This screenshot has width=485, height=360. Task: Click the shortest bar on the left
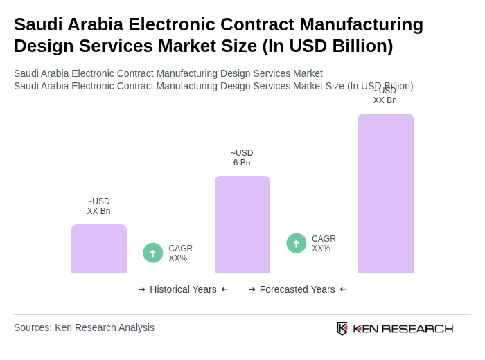coord(99,249)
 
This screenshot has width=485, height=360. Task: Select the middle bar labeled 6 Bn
coord(242,224)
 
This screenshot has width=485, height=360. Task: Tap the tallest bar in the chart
coord(385,193)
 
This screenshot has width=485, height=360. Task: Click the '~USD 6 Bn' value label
coord(242,158)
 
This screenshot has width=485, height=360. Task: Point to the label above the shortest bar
coord(98,206)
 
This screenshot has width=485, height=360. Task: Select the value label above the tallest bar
coord(385,96)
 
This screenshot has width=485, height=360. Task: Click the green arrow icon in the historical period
coord(153,253)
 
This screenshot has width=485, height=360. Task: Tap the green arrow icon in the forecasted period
coord(297,244)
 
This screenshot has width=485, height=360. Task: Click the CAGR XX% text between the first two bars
coord(180,253)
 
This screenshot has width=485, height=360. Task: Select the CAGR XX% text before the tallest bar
coord(324,244)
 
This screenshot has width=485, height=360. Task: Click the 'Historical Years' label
coord(183,289)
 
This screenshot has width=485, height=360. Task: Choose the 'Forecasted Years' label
coord(297,289)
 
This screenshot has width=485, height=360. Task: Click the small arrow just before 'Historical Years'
coord(142,289)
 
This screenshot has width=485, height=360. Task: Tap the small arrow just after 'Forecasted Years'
coord(343,289)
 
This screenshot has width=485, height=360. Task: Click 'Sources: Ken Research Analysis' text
coord(84,327)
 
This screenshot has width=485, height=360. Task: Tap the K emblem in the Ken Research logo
coord(342,328)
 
